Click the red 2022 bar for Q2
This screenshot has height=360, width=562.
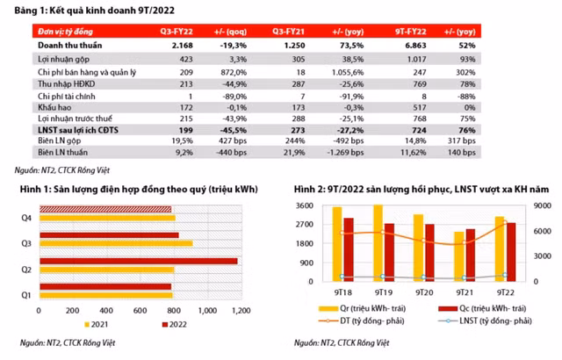[136, 261]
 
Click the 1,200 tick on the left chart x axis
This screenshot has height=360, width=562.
[236, 312]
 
